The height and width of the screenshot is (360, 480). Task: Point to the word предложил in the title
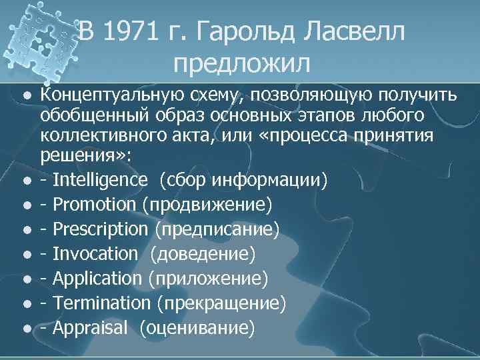tap(241, 63)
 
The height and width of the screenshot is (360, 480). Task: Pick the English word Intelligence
tap(100, 180)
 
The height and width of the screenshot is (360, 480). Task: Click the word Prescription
tap(101, 229)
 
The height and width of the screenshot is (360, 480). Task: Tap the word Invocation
tap(95, 254)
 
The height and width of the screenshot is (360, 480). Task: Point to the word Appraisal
tap(90, 327)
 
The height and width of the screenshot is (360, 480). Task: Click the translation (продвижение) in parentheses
tap(207, 205)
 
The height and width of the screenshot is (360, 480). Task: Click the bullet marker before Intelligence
tap(25, 181)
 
